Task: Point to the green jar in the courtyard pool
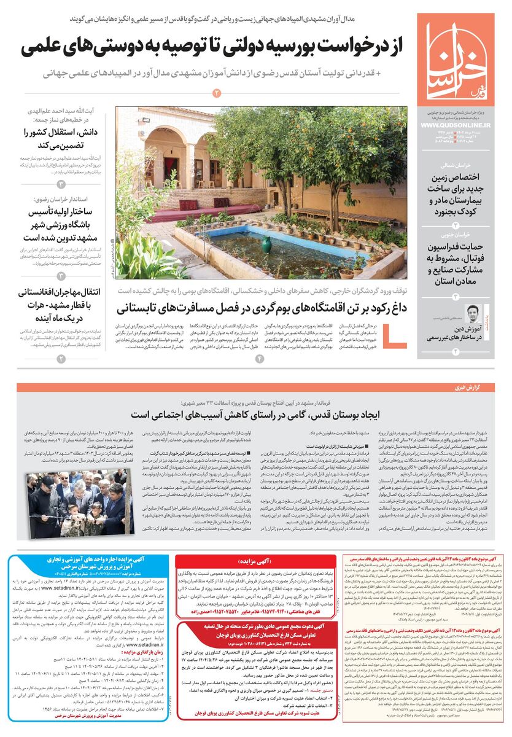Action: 266,245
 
